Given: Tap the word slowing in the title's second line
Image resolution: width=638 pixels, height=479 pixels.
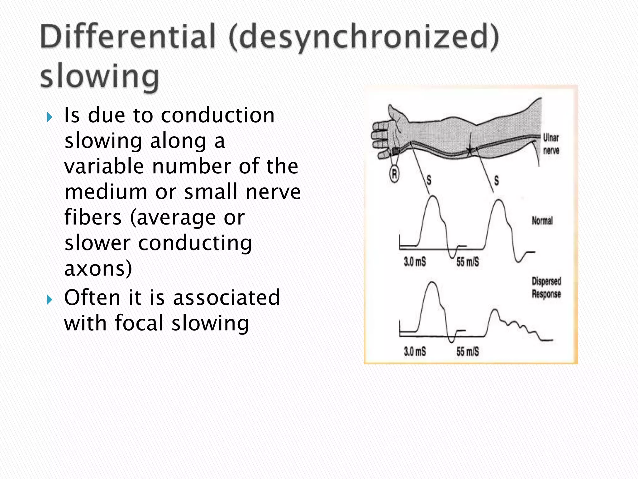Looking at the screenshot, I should click(100, 76).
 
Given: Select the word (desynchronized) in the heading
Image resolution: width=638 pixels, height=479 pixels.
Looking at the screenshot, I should click(364, 37).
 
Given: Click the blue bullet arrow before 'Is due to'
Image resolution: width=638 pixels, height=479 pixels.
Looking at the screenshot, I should click(49, 118).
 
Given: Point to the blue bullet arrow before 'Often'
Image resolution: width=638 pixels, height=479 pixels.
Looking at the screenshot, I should click(49, 300).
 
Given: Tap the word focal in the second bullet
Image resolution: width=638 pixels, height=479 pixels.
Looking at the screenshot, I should click(139, 323).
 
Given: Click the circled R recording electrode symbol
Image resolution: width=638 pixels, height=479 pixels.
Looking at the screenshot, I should click(394, 174).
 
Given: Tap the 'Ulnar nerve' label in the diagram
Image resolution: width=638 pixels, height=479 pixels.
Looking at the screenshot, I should click(551, 144).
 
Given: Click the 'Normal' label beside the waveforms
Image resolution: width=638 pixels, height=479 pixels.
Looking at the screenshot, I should click(542, 221).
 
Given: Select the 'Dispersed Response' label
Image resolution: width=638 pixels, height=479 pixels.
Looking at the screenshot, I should click(546, 287).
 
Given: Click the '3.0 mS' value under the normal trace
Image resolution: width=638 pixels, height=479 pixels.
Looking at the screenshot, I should click(415, 261).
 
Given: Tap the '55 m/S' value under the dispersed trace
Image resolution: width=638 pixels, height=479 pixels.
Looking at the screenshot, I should click(468, 351).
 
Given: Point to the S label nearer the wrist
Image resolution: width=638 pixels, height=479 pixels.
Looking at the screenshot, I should click(429, 180).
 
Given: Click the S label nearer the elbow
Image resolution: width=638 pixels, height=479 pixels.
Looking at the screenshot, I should click(496, 180).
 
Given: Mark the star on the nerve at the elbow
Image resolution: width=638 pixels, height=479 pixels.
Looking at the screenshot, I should click(469, 151).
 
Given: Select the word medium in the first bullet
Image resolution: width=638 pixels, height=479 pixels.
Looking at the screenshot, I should click(106, 191).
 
